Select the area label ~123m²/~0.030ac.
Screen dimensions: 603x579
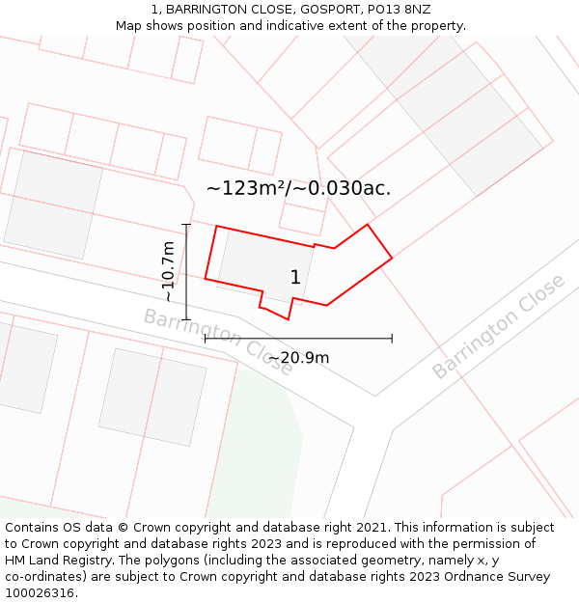click(298, 188)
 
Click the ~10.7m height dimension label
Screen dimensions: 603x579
click(169, 271)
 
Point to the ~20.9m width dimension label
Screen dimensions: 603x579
click(298, 358)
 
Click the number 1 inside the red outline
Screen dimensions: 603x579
click(295, 278)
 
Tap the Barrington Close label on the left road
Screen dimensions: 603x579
click(218, 342)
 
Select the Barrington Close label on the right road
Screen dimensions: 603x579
click(498, 326)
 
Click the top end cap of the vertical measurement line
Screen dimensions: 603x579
click(186, 225)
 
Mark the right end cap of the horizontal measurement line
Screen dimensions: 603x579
click(392, 339)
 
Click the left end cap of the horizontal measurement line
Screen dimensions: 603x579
click(205, 339)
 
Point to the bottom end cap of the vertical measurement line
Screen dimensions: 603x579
click(186, 319)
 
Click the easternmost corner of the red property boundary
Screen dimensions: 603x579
click(392, 258)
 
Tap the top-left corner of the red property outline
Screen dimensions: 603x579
click(216, 227)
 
